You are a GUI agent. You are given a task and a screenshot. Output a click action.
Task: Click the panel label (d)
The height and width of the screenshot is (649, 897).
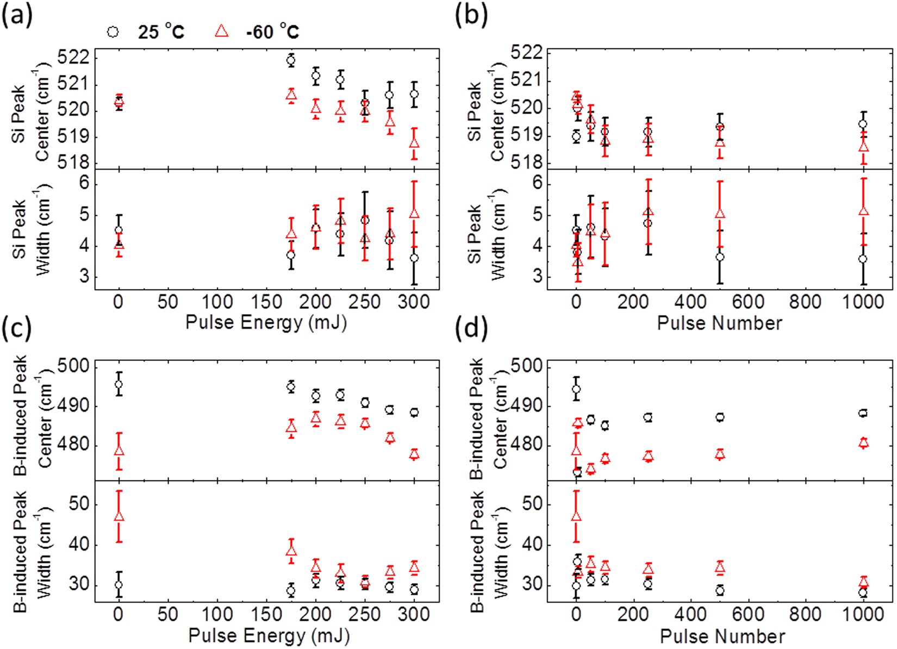coord(471,328)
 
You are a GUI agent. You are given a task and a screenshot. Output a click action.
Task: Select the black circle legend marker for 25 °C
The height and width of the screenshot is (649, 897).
coord(113,31)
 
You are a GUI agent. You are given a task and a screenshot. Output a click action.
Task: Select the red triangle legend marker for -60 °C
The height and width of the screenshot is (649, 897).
coord(222,31)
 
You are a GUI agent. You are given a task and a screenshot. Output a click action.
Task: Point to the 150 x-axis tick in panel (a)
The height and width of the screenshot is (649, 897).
coord(266,302)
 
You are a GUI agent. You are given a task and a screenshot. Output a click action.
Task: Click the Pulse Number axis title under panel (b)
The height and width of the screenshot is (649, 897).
coord(719,323)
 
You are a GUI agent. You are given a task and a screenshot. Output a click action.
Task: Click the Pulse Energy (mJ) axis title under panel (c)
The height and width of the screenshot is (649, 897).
coord(269,635)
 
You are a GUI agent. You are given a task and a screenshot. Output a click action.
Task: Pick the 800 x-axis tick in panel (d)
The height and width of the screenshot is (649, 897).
coord(805,614)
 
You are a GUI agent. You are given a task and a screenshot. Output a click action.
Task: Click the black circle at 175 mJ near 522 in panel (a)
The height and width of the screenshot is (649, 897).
coord(291,60)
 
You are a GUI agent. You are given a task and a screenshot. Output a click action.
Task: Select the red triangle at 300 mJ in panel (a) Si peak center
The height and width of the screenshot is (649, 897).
coord(414,143)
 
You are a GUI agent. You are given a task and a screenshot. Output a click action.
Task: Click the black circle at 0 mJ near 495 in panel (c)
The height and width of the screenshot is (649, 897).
coord(119,385)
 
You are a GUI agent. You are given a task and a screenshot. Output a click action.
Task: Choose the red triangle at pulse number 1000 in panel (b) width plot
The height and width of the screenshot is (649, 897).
coord(863,211)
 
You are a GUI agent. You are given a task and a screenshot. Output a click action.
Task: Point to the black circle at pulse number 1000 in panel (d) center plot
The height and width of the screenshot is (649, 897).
coord(863,414)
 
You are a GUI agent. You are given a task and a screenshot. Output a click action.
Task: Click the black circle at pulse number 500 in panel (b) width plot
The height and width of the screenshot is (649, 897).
coord(720,257)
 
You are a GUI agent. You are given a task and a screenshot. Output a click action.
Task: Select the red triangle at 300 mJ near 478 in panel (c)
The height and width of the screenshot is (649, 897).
coord(414,454)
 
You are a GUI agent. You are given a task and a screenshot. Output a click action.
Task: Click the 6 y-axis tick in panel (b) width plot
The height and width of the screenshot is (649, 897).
coord(522,183)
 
